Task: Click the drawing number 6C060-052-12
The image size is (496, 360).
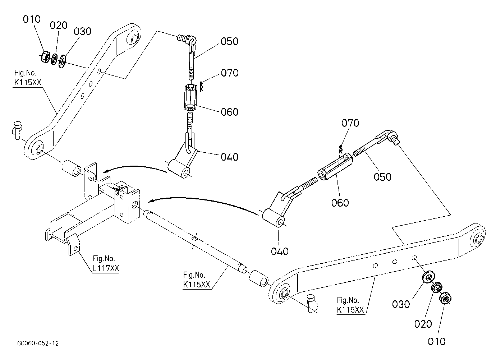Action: pos(38,343)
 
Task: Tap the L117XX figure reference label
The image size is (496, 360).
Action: pos(106,268)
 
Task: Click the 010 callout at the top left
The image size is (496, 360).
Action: pos(32,19)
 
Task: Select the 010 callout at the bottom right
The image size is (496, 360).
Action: pos(437,342)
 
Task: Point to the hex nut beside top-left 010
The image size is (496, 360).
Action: pos(46,57)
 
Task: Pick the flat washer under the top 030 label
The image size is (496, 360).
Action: pos(63,61)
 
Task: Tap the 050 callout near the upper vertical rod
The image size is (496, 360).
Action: pos(229,41)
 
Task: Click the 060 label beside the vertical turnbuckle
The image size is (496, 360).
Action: pos(229,112)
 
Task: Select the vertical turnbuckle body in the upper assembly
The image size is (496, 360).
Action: pos(190,97)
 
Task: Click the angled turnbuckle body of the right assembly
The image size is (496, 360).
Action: pos(335,166)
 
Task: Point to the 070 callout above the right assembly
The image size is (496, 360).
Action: pos(350,123)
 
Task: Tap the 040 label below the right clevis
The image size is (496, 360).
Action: pos(280,251)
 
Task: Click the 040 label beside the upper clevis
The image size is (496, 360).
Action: pos(229,157)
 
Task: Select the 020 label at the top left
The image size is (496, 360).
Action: pos(59,26)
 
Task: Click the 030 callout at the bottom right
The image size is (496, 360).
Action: pos(401,304)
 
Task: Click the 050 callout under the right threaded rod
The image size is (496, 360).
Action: pos(382,177)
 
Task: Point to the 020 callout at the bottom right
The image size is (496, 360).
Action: pos(423,324)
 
